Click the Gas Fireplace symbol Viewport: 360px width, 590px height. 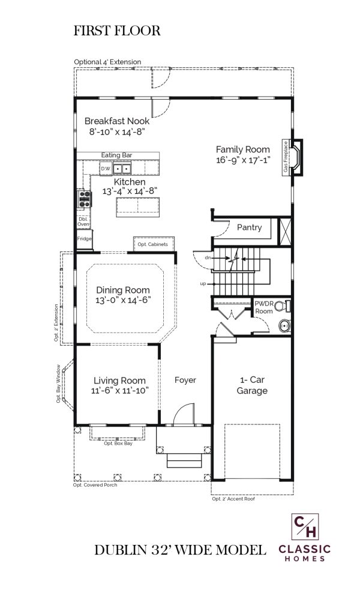[x=293, y=157]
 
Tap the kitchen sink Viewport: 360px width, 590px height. [x=122, y=169]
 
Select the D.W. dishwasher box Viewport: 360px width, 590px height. [x=106, y=169]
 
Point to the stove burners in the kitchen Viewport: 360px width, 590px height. [x=84, y=199]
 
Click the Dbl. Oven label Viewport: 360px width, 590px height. [x=83, y=221]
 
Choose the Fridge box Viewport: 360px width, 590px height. [x=84, y=239]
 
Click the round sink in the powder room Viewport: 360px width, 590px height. [x=285, y=325]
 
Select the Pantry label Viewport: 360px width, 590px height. [x=249, y=227]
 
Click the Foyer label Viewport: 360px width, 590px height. [x=185, y=380]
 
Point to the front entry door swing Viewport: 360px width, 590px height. [x=184, y=414]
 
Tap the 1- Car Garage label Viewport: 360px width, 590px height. [x=252, y=385]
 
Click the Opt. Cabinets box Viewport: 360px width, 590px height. [x=154, y=244]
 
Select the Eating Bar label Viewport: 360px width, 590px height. [x=116, y=155]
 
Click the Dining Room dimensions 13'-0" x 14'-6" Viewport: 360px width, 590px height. [x=123, y=300]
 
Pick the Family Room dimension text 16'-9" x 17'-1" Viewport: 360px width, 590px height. [x=243, y=160]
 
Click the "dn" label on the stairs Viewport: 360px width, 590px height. [x=208, y=257]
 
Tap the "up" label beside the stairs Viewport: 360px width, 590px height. [x=203, y=284]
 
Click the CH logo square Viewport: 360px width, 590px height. [x=305, y=526]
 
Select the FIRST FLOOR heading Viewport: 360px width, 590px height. [x=117, y=31]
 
